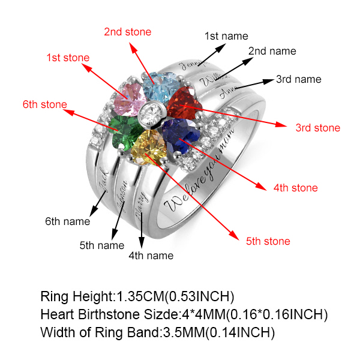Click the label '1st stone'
(x=68, y=58)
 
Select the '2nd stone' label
(x=127, y=31)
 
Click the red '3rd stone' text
(x=317, y=127)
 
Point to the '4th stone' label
(x=295, y=188)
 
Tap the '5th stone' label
(x=268, y=241)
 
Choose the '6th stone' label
(x=45, y=104)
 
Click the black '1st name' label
(x=226, y=36)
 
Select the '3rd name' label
(x=298, y=79)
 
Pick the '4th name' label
(x=151, y=256)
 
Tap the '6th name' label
(x=68, y=221)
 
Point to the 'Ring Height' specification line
(x=137, y=296)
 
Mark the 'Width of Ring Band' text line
(x=157, y=332)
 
